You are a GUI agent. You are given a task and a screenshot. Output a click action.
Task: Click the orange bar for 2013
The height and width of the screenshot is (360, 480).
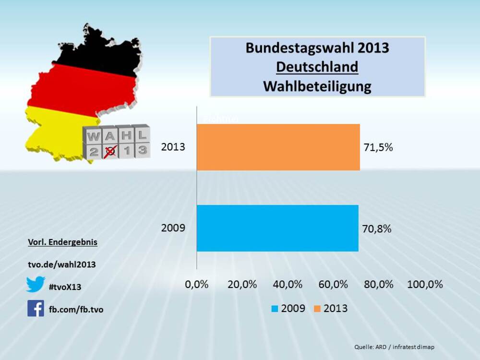tap(278, 147)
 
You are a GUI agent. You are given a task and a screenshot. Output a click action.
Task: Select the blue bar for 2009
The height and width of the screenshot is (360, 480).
tap(277, 228)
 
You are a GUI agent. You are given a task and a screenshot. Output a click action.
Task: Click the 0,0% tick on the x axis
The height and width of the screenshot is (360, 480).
tap(197, 284)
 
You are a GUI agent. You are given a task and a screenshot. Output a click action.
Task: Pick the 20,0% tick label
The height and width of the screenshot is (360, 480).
tap(242, 284)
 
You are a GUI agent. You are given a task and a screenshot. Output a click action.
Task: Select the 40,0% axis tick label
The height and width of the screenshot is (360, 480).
tap(288, 284)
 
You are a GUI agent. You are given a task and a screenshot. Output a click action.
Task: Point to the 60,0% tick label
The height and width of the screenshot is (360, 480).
tap(333, 284)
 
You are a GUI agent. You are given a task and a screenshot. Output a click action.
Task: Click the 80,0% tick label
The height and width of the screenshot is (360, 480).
tap(379, 284)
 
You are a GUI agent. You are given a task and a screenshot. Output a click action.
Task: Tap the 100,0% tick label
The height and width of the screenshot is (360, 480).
tap(425, 284)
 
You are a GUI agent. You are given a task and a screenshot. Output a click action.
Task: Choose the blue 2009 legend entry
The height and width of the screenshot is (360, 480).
tap(288, 308)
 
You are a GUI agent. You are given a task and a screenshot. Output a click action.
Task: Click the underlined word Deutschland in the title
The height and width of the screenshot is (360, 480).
tap(317, 67)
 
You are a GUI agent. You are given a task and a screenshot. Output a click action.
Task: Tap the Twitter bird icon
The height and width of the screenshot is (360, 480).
tap(36, 284)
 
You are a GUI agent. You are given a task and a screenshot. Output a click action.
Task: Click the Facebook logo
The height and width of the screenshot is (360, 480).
tap(36, 308)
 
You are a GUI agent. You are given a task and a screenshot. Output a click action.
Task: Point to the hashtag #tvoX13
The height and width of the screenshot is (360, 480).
tap(65, 287)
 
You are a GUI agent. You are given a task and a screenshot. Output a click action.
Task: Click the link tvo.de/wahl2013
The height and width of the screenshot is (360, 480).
tap(62, 264)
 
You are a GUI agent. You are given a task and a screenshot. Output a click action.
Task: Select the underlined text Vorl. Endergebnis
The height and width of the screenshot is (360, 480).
tap(62, 242)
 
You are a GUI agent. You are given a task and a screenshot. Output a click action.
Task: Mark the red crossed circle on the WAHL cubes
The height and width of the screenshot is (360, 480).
tap(110, 151)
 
